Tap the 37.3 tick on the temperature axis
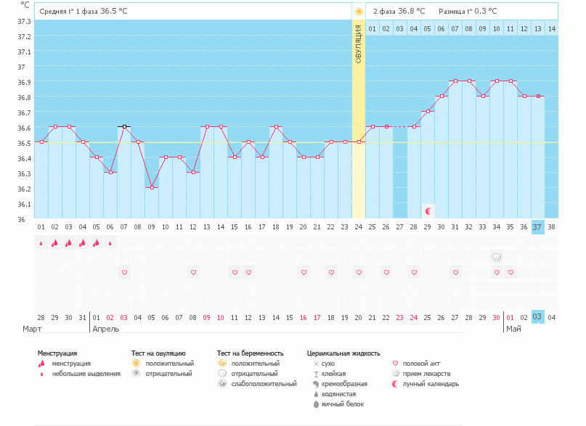point(24,21)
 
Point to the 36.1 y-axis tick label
point(24,204)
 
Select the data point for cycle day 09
point(152,187)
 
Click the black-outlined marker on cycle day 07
point(124,127)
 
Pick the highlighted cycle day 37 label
point(537,226)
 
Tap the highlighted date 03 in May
point(537,317)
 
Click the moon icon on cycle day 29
point(428,211)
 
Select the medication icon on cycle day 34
point(497,257)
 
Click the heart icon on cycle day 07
point(124,272)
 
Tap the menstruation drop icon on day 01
point(41,243)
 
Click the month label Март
point(31,328)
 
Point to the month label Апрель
point(105,328)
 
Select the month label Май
point(513,328)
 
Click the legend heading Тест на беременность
point(250,353)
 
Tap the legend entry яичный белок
point(338,404)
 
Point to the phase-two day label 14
point(551,29)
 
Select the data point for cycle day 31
point(455,81)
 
